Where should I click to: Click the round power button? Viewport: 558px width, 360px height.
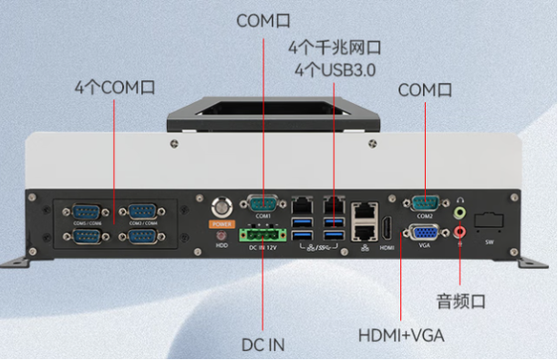(x=220, y=206)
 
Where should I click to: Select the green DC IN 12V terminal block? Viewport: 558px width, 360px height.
(x=261, y=233)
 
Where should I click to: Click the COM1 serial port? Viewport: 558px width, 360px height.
(x=263, y=204)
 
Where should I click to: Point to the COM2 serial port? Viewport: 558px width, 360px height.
(x=425, y=203)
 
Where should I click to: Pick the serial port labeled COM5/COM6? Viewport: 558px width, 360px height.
(x=87, y=211)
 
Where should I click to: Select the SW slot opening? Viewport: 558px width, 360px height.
(x=489, y=222)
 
